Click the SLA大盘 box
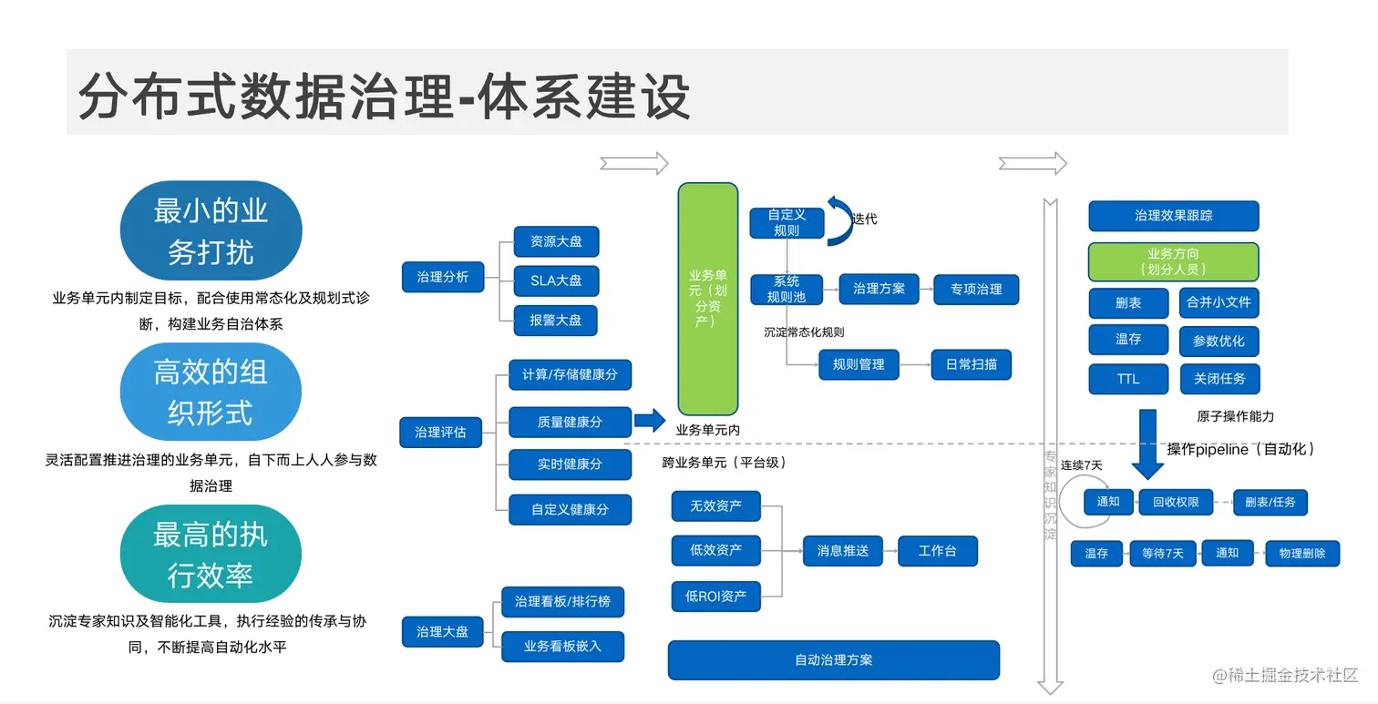pyautogui.click(x=556, y=281)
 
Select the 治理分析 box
pyautogui.click(x=442, y=276)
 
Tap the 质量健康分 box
pyautogui.click(x=570, y=423)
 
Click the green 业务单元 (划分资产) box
pyautogui.click(x=707, y=298)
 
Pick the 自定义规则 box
pyautogui.click(x=786, y=223)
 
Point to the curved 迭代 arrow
pyautogui.click(x=838, y=220)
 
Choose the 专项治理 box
pyautogui.click(x=976, y=290)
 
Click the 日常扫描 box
pyautogui.click(x=971, y=364)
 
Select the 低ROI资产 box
pyautogui.click(x=715, y=597)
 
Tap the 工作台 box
pyautogui.click(x=937, y=551)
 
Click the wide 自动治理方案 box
pyautogui.click(x=833, y=660)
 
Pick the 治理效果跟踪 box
pyautogui.click(x=1173, y=216)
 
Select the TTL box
pyautogui.click(x=1128, y=379)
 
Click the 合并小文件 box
pyautogui.click(x=1219, y=302)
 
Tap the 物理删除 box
pyautogui.click(x=1302, y=553)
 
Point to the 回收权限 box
pyautogui.click(x=1176, y=502)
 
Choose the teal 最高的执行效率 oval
pyautogui.click(x=211, y=555)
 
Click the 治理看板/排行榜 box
pyautogui.click(x=562, y=602)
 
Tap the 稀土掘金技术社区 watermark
pyautogui.click(x=1285, y=675)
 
